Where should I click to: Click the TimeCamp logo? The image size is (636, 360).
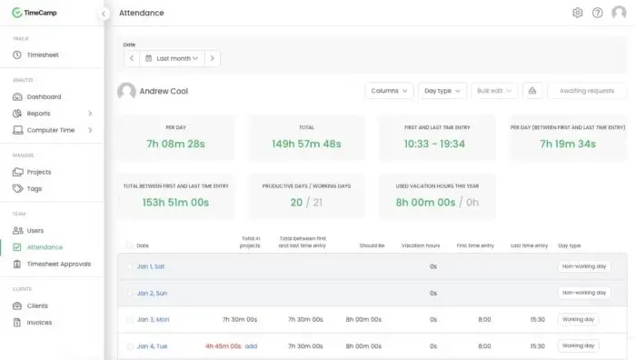tap(36, 13)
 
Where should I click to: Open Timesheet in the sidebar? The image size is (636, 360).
tap(43, 55)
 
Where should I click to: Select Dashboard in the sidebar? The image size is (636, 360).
tap(44, 96)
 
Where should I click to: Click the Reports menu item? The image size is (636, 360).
tap(38, 114)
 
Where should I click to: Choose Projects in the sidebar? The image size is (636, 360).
tap(39, 172)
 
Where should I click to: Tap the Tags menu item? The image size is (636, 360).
tap(35, 188)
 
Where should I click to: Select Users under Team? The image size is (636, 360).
tap(35, 230)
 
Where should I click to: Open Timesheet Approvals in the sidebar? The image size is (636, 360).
tap(59, 264)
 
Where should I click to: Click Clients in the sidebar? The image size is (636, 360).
tap(37, 305)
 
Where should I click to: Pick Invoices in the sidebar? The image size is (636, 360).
tap(40, 322)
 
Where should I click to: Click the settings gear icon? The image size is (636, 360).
tap(577, 13)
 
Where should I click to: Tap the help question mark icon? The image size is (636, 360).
tap(597, 13)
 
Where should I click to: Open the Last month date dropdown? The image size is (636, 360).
tap(172, 58)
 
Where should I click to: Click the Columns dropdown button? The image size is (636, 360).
tap(389, 91)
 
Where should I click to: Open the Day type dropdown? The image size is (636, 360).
tap(442, 91)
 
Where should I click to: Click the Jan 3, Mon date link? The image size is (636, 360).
tap(153, 319)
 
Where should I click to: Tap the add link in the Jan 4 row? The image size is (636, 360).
tap(252, 345)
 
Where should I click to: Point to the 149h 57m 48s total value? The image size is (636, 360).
tap(306, 143)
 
